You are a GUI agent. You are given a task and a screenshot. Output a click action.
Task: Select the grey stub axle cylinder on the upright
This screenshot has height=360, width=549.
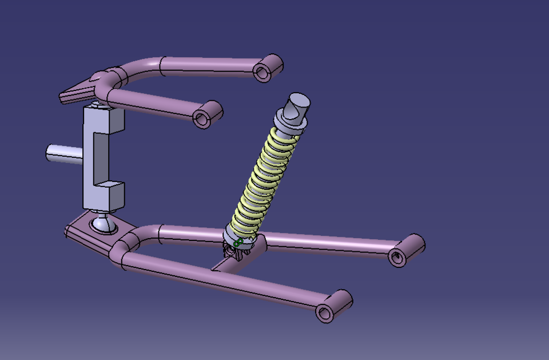(x=62, y=155)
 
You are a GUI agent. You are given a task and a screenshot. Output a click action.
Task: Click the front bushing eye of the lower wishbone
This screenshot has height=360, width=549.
(x=325, y=312)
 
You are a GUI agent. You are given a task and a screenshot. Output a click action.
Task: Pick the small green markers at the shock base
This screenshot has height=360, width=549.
(x=238, y=243)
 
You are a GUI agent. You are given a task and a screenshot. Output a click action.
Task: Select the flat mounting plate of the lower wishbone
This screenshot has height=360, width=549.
(x=86, y=232)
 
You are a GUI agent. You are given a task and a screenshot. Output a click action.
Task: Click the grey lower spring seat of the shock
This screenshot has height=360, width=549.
(x=237, y=232)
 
